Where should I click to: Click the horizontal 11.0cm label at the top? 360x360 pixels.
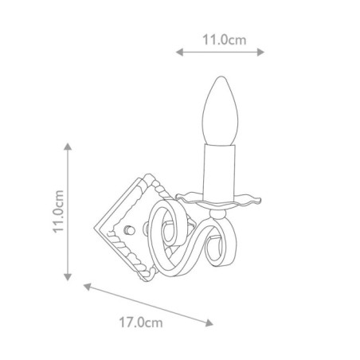(x=225, y=40)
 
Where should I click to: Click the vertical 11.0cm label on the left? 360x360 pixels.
(x=58, y=212)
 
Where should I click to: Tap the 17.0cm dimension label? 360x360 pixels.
(x=141, y=323)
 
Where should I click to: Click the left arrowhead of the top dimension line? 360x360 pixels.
(x=179, y=52)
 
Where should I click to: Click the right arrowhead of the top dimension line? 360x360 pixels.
(x=260, y=52)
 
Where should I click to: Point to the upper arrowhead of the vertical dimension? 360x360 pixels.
(x=68, y=147)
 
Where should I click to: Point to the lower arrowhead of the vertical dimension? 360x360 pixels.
(x=68, y=277)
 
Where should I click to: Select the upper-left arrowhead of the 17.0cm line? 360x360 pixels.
(x=88, y=287)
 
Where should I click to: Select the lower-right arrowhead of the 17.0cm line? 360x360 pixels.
(x=209, y=323)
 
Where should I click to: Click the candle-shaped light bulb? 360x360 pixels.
(x=220, y=111)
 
